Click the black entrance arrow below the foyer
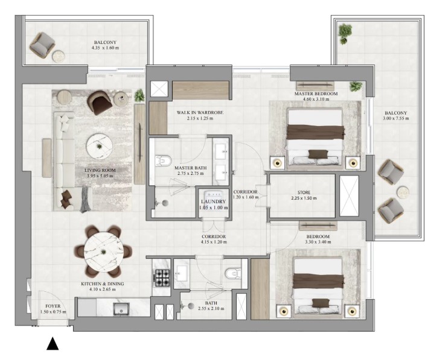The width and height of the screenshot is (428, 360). pyautogui.click(x=53, y=344)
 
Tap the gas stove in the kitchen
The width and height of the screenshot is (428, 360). pyautogui.click(x=162, y=277)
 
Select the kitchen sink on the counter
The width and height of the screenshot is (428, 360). pyautogui.click(x=121, y=309)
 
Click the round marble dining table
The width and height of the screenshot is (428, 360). pyautogui.click(x=103, y=251)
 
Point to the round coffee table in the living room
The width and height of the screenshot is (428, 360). pyautogui.click(x=100, y=147)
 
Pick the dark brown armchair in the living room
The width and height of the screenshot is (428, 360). pyautogui.click(x=100, y=103)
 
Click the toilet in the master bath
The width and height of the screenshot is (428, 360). pyautogui.click(x=163, y=160)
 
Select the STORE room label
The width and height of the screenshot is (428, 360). pyautogui.click(x=304, y=192)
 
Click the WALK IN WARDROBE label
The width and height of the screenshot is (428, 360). pyautogui.click(x=200, y=112)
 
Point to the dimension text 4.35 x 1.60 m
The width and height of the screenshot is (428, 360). pyautogui.click(x=106, y=48)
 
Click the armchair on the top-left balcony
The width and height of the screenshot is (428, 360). pyautogui.click(x=43, y=44)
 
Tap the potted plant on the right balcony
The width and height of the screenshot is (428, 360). pyautogui.click(x=345, y=33)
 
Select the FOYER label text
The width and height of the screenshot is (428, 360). pyautogui.click(x=53, y=306)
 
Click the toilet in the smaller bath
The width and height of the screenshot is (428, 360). pyautogui.click(x=233, y=273)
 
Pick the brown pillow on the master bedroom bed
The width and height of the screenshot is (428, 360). pyautogui.click(x=318, y=154)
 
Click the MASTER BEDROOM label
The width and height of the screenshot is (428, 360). pyautogui.click(x=316, y=93)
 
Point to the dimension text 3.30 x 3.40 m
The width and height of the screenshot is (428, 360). pyautogui.click(x=318, y=242)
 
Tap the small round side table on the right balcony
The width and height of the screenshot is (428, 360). pyautogui.click(x=403, y=192)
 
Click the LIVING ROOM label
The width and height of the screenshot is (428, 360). pyautogui.click(x=100, y=170)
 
